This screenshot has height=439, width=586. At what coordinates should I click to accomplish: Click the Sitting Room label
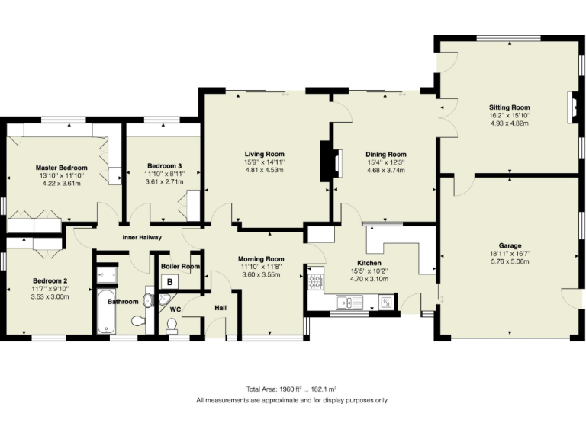point(509,107)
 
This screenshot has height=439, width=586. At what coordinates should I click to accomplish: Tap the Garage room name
point(510,245)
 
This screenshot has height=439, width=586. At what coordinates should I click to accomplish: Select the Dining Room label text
point(386,154)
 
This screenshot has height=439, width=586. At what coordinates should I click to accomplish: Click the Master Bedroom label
point(61,167)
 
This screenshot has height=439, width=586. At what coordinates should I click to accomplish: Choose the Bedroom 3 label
point(165,165)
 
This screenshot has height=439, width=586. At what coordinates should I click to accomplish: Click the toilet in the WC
point(172,325)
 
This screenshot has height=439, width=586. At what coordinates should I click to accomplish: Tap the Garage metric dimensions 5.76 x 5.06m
point(510,261)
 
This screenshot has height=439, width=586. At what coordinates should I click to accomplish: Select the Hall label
point(221,307)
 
